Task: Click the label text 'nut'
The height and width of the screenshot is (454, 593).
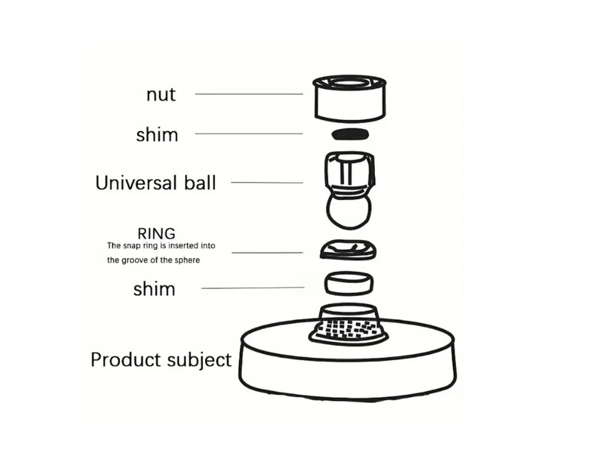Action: click(x=161, y=95)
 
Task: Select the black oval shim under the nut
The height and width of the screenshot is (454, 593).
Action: click(x=350, y=134)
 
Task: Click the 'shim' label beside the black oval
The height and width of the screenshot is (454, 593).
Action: click(x=156, y=135)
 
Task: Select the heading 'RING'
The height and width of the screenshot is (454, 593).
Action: click(x=156, y=233)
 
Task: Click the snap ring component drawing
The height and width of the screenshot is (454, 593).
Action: click(x=349, y=248)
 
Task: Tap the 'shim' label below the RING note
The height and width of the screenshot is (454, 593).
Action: click(x=154, y=289)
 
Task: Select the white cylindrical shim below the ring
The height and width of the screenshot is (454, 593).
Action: click(x=350, y=283)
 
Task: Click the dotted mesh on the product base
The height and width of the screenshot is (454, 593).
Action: click(x=349, y=329)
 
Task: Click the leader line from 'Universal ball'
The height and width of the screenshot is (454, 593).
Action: click(x=267, y=182)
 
